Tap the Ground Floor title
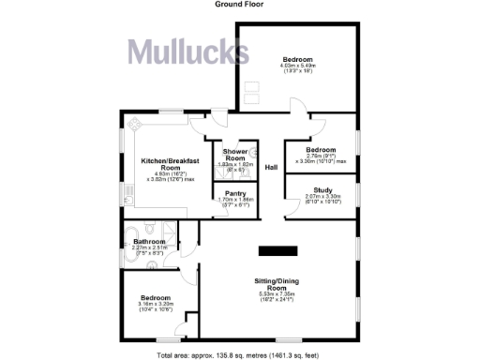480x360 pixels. coord(239,5)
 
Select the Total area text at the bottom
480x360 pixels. coord(239,355)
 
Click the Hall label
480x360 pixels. coord(271,168)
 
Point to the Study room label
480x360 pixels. coord(323,190)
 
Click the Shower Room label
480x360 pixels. coord(233,154)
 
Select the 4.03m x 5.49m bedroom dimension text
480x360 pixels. coord(297,67)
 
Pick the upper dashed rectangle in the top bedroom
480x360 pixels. coord(250,85)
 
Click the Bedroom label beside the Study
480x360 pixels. coord(322,150)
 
